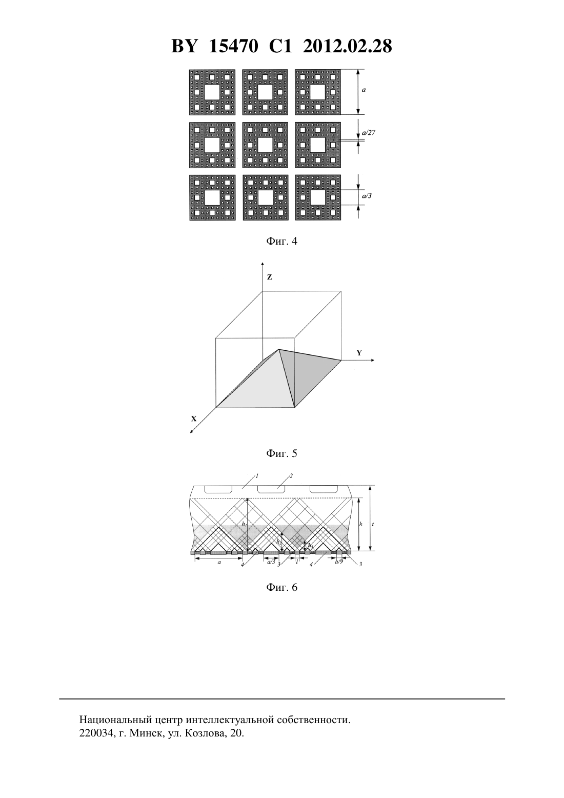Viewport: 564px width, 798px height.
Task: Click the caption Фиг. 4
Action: (281, 241)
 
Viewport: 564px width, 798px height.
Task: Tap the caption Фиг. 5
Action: (281, 453)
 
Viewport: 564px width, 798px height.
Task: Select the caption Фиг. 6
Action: (281, 587)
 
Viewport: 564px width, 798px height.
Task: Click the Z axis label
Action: (270, 277)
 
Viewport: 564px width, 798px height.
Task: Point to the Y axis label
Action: (359, 353)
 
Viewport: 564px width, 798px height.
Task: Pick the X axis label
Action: (194, 418)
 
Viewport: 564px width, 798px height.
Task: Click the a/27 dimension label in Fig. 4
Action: (369, 132)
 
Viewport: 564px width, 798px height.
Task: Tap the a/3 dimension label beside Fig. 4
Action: (367, 195)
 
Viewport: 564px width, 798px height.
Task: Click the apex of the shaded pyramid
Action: (279, 349)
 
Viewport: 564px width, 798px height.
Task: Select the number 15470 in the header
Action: (233, 46)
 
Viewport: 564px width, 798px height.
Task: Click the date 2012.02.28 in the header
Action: (347, 46)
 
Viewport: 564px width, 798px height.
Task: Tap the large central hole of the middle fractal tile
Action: (265, 145)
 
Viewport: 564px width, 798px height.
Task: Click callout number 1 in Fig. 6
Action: (257, 475)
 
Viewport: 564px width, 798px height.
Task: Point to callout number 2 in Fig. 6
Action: (291, 475)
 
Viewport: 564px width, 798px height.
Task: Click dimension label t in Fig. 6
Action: (372, 525)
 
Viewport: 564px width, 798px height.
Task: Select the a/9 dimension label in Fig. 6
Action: (339, 562)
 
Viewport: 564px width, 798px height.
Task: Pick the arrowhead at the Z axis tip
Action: (263, 264)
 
